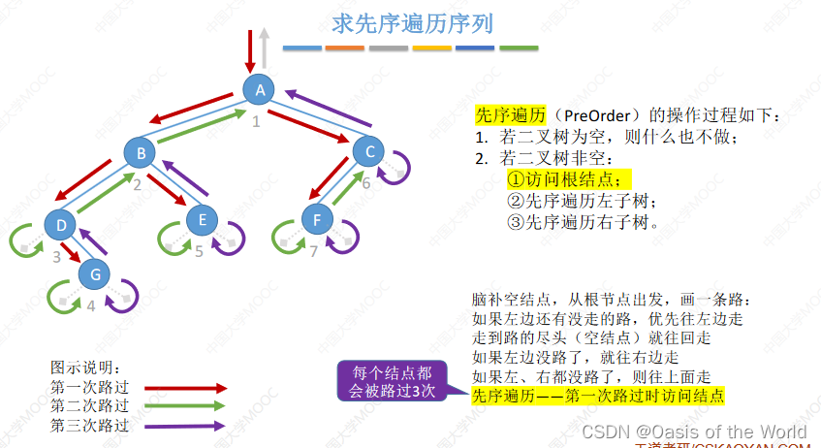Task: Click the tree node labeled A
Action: pos(259,90)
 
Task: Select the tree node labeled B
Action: pos(141,152)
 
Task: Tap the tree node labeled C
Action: pos(368,151)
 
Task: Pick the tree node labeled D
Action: pos(60,225)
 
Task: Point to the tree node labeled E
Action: pos(203,221)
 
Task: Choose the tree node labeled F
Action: pos(317,220)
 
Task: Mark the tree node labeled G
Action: pos(95,273)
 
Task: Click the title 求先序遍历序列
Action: pos(392,22)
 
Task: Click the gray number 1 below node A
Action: pos(256,122)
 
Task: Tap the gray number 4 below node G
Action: pos(91,306)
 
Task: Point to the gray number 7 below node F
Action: pos(313,253)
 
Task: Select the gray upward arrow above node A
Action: pos(265,47)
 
